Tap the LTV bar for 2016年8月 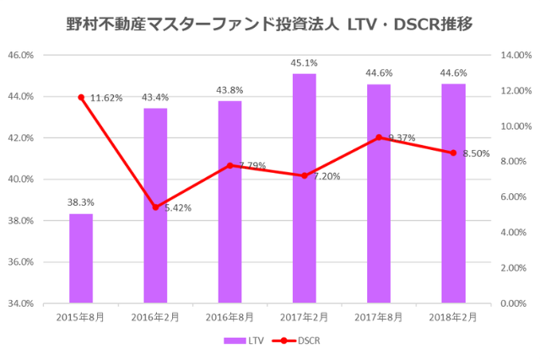coord(229,201)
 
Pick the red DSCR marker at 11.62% coord(81,98)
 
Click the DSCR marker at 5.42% coord(155,207)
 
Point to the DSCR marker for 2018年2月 coord(453,153)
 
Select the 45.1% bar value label coord(304,62)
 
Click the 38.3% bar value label coord(81,202)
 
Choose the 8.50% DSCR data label coord(477,153)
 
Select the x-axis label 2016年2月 coord(155,317)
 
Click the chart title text coord(269,24)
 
